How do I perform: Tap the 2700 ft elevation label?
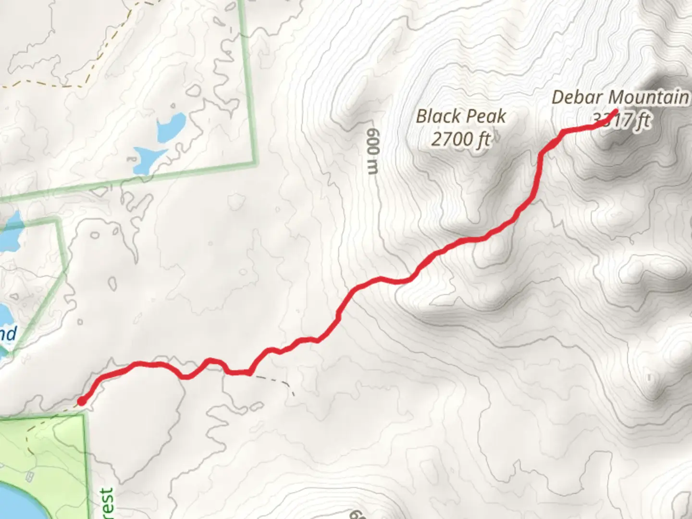coord(461,139)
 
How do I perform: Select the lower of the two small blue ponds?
coord(147,159)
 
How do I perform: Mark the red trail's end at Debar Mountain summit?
coord(615,113)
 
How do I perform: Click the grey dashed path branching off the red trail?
coord(274,380)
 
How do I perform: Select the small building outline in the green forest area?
coord(32,476)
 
